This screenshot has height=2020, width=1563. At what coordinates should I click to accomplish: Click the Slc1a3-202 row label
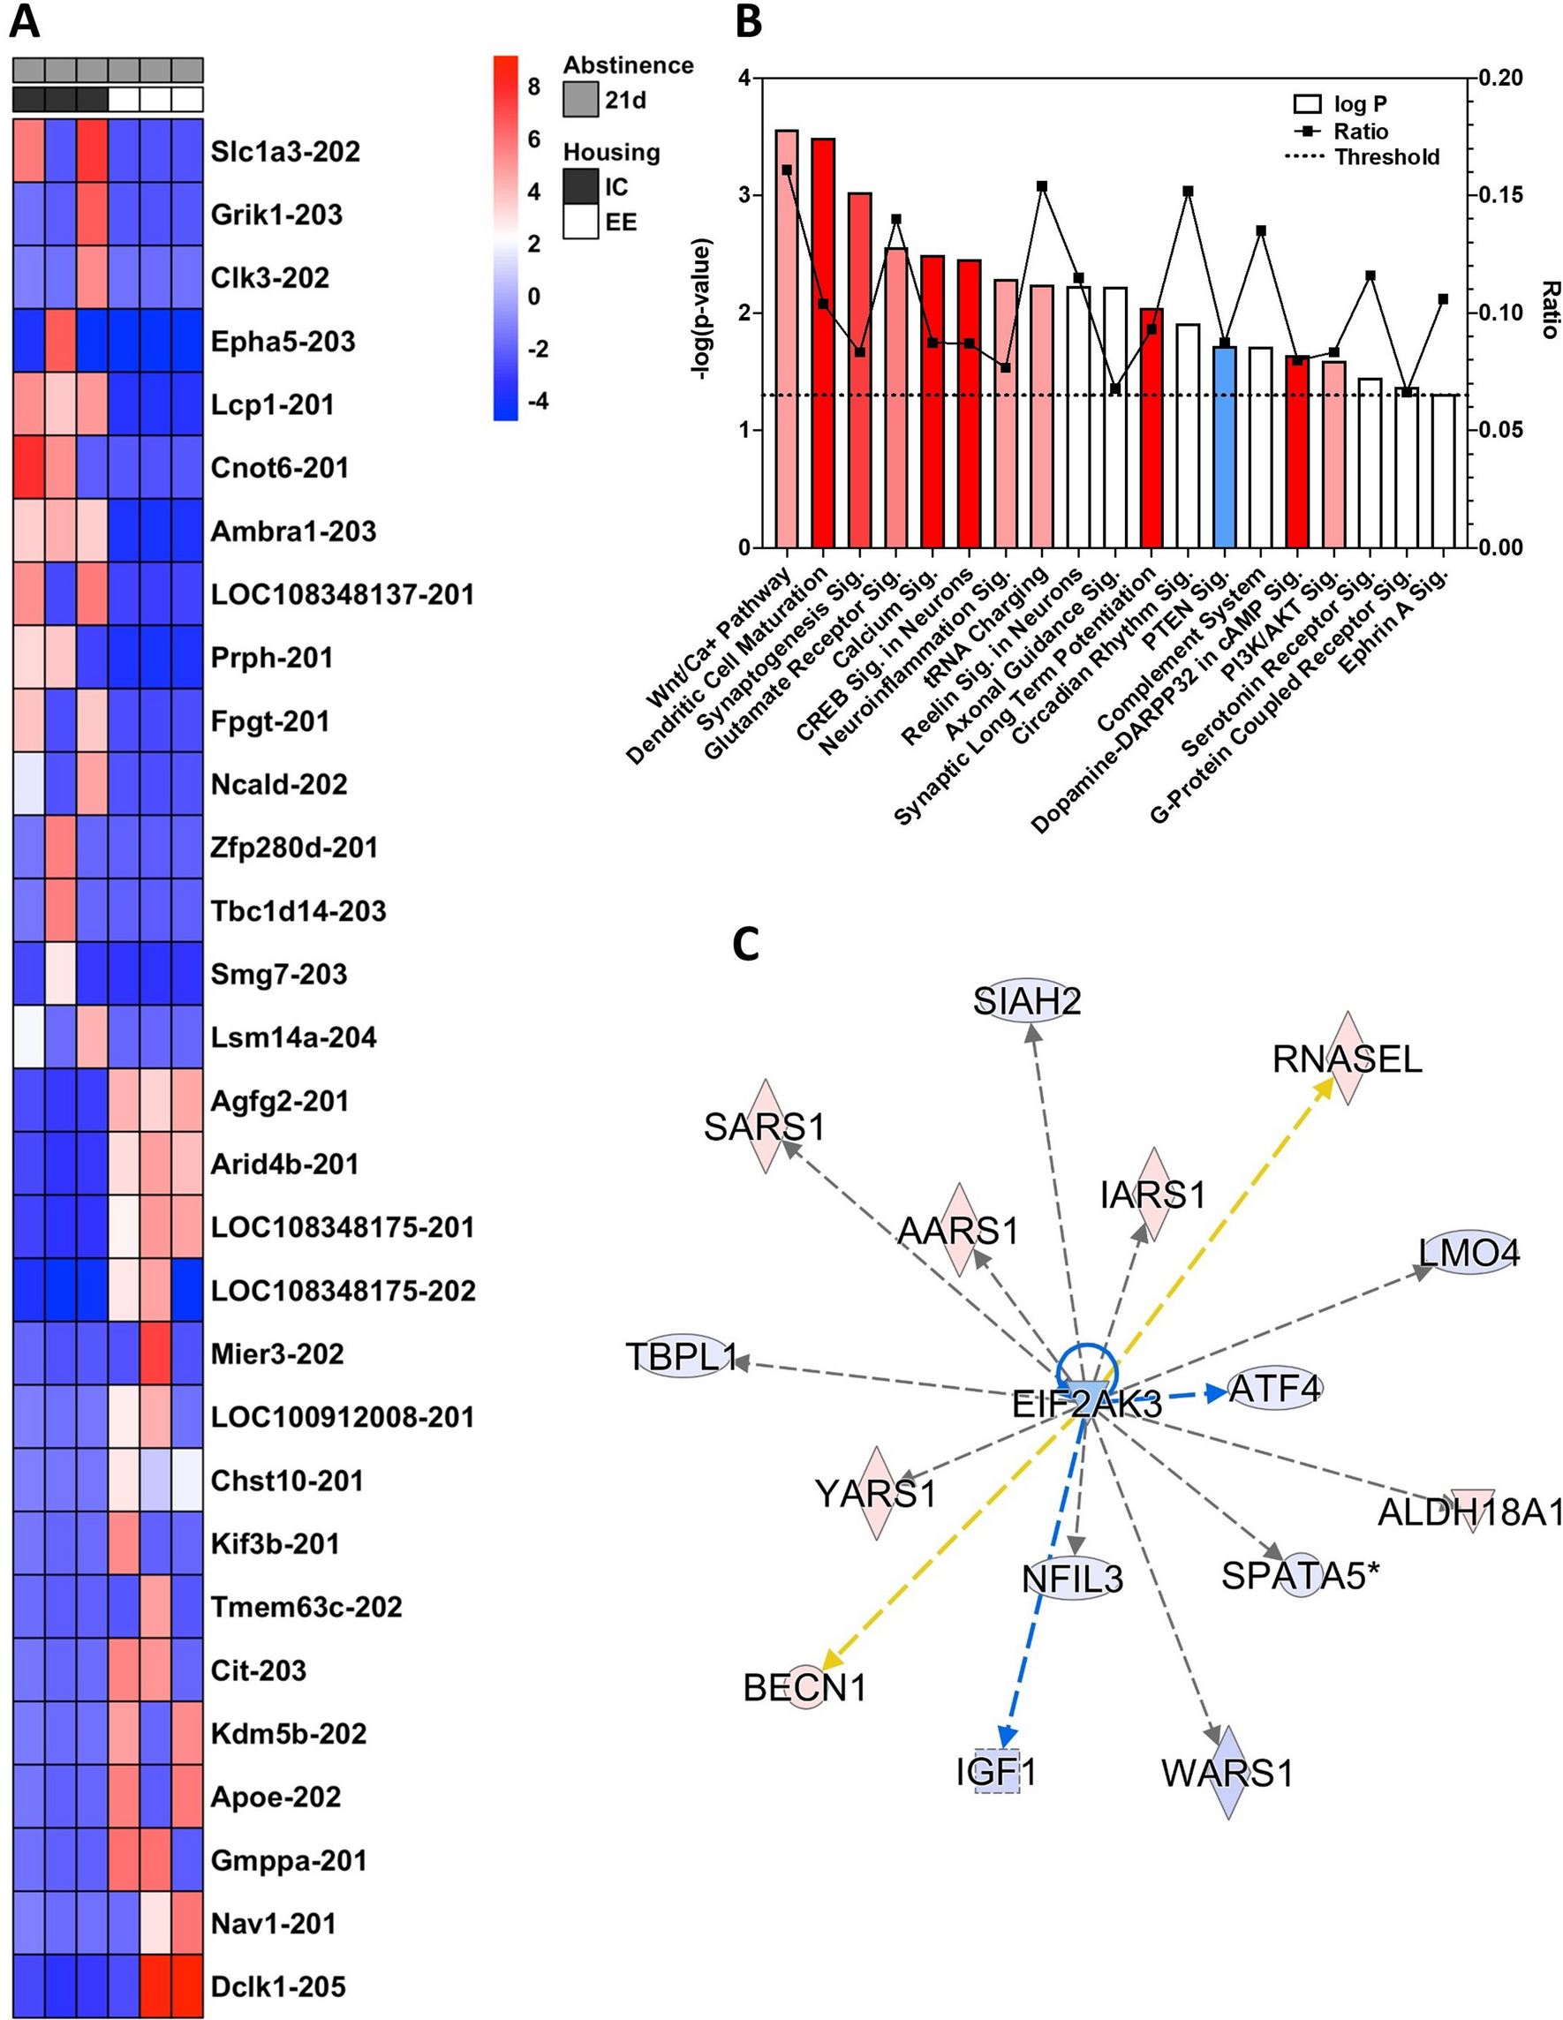(285, 152)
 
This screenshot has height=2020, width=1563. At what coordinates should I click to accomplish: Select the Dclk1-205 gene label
(277, 1986)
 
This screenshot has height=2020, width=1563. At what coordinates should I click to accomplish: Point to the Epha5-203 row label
(282, 342)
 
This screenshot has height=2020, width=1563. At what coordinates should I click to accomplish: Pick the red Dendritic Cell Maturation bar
(823, 343)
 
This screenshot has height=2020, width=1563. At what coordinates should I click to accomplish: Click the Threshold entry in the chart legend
(1386, 157)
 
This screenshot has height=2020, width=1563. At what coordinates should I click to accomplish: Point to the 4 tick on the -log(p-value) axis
(744, 79)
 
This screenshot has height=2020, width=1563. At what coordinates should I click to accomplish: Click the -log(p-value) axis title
(703, 310)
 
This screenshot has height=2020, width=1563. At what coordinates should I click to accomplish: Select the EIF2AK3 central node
(1086, 1404)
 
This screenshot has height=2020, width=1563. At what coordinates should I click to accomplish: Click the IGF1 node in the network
(997, 1772)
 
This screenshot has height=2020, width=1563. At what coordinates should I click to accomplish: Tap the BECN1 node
(804, 1687)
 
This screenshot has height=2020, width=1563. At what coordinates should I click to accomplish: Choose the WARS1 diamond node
(1227, 1773)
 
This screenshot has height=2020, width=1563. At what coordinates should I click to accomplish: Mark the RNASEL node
(1347, 1059)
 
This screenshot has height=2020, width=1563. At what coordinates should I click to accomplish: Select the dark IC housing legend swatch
(580, 188)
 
